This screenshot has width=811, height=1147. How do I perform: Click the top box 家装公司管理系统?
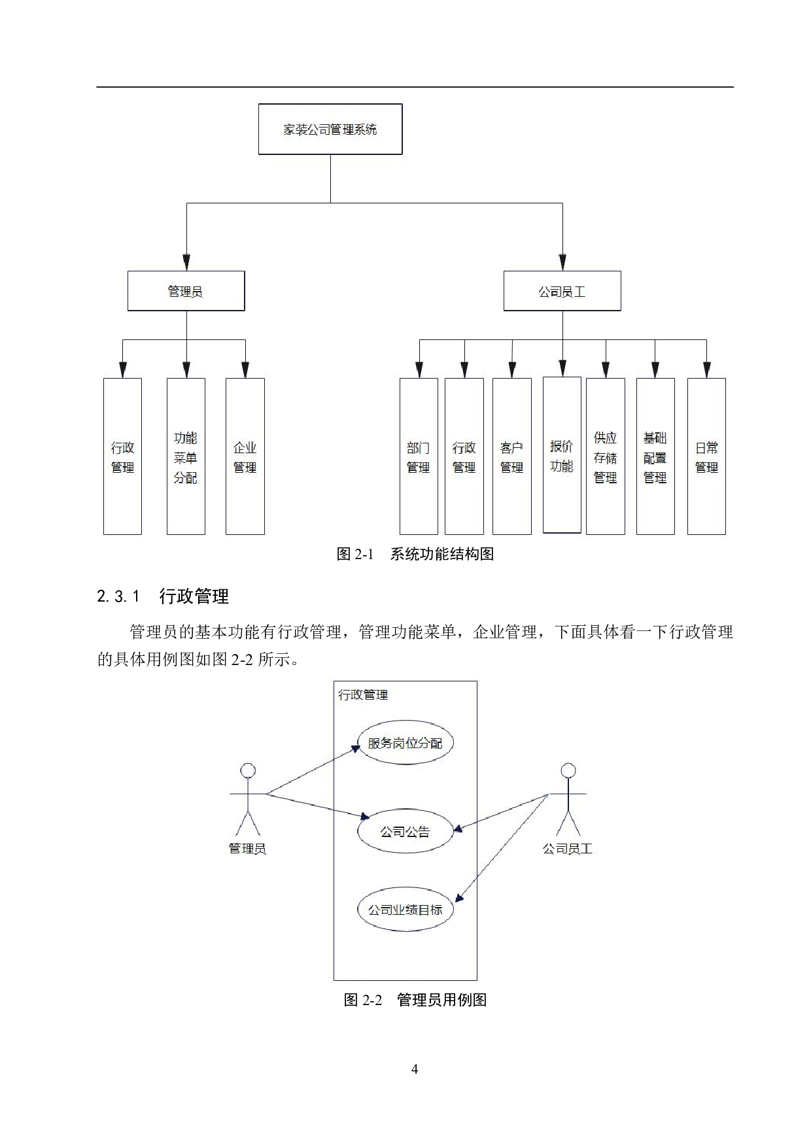click(330, 129)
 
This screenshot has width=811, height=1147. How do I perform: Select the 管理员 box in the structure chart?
click(186, 291)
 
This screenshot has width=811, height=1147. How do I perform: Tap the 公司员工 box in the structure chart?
click(562, 291)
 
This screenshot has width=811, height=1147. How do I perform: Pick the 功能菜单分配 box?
click(186, 456)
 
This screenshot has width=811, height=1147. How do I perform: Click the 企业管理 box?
click(245, 456)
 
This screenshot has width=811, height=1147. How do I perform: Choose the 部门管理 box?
click(419, 456)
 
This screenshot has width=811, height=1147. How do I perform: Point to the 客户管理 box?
click(511, 456)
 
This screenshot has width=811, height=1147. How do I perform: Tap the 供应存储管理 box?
click(606, 456)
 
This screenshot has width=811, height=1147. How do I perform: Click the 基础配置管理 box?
click(655, 456)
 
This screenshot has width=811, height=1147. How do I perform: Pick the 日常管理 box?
click(706, 456)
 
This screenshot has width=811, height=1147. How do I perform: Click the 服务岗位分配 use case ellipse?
click(405, 743)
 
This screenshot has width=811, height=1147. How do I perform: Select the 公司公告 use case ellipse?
click(405, 832)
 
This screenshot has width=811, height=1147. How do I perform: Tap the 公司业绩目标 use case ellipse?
click(405, 909)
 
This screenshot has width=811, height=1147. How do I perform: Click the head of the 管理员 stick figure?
click(248, 771)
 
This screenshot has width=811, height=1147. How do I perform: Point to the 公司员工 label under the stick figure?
click(568, 849)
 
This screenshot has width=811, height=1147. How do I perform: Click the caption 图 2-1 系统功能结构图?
click(415, 555)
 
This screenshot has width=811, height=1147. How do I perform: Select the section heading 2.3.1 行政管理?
click(163, 596)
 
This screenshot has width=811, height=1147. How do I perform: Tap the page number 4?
click(415, 1069)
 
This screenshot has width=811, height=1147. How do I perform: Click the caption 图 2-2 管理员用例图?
click(415, 1000)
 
